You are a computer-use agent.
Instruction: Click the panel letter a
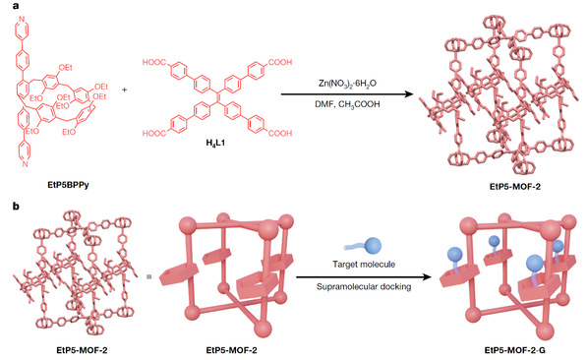[x=16, y=5]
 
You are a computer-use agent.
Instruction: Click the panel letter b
[x=16, y=206]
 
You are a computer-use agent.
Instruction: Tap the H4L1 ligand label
[x=215, y=143]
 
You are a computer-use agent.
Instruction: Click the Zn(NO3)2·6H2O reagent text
[x=347, y=84]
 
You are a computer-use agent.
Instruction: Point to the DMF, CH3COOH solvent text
[x=347, y=104]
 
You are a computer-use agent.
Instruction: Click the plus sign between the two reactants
[x=125, y=90]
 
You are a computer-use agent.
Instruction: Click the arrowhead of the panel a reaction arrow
[x=408, y=94]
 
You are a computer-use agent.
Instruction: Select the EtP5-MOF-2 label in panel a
[x=515, y=186]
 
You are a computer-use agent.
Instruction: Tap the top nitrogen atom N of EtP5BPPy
[x=22, y=19]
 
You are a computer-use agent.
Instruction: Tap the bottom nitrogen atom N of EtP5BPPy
[x=26, y=163]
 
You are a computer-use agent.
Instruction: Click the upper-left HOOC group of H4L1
[x=154, y=62]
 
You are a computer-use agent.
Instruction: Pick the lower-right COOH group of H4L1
[x=280, y=133]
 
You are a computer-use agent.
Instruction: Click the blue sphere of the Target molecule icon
[x=373, y=246]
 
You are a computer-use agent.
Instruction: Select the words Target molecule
[x=364, y=265]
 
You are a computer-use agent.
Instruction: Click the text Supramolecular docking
[x=364, y=287]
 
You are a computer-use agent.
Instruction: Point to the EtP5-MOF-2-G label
[x=515, y=350]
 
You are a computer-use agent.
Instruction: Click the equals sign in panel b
[x=148, y=276]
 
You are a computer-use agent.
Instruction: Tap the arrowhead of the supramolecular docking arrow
[x=427, y=277]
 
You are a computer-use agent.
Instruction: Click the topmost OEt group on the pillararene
[x=65, y=68]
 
